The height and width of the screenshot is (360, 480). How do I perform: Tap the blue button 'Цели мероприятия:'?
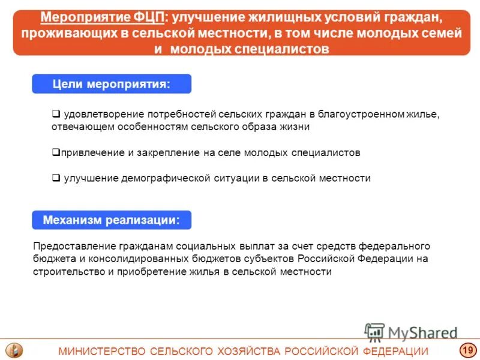[112, 84]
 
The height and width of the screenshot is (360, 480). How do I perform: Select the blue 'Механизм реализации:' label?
[112, 220]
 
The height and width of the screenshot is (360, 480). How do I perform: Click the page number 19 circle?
[467, 350]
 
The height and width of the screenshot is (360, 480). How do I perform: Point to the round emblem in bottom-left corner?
[13, 350]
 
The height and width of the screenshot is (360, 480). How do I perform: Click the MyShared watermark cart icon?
[374, 332]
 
